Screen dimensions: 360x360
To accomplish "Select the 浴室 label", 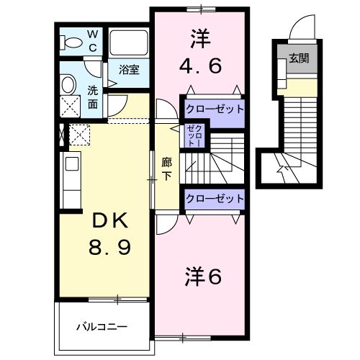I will pyautogui.click(x=129, y=71).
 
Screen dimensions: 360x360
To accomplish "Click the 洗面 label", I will pyautogui.click(x=94, y=96).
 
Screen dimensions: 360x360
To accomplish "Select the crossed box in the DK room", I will pyautogui.click(x=77, y=135).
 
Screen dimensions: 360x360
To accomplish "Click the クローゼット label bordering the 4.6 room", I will pyautogui.click(x=214, y=110).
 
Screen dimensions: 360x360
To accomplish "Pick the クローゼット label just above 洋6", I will pyautogui.click(x=214, y=198).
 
